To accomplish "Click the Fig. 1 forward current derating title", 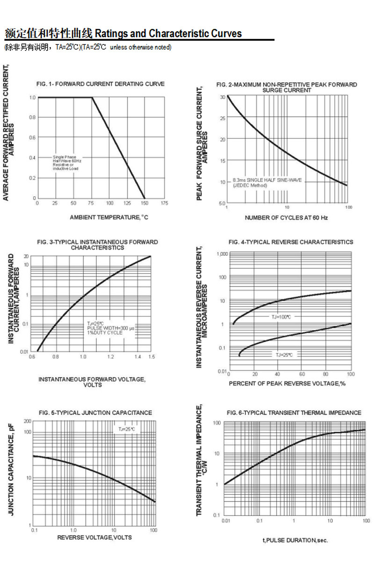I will (x=101, y=84).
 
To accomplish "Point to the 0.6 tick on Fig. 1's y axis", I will (x=32, y=137).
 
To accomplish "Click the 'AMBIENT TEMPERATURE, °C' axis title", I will (x=109, y=217).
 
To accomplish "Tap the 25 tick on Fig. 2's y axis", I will (x=223, y=118).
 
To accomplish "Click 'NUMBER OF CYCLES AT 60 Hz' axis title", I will (x=286, y=218).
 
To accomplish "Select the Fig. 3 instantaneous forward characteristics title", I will (x=97, y=244).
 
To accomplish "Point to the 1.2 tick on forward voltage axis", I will (x=110, y=357).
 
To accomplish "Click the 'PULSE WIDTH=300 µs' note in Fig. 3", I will (x=111, y=329).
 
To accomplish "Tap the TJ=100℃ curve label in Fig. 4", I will (x=281, y=317).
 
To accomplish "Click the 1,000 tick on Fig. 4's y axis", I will (x=222, y=254).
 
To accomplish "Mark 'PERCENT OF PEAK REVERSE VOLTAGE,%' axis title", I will (x=287, y=384).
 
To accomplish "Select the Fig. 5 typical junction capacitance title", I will (x=95, y=413).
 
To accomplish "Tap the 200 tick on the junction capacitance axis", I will (x=28, y=422).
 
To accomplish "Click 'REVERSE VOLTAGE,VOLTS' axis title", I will (x=94, y=537).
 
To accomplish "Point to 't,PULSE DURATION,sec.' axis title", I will (x=295, y=540).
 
